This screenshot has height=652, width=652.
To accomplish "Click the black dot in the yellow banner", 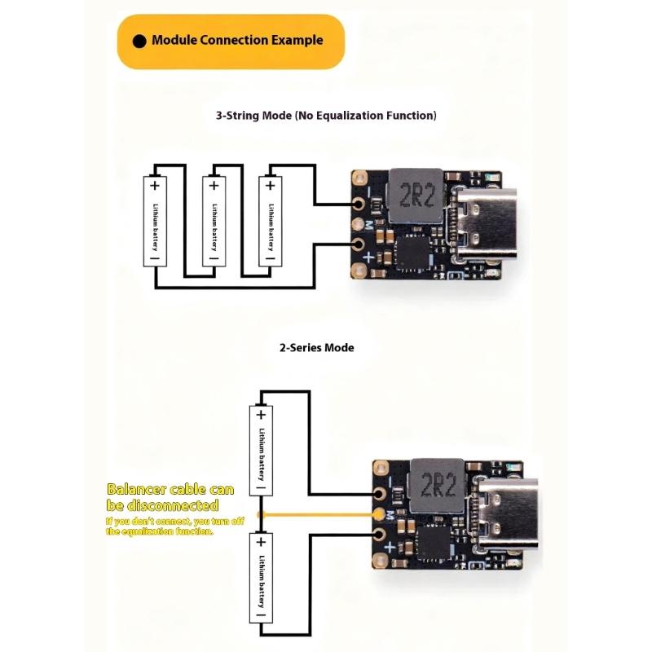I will (x=139, y=41).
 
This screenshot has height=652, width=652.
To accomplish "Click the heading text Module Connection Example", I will (x=237, y=40).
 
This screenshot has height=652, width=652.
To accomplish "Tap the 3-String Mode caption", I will (x=326, y=116).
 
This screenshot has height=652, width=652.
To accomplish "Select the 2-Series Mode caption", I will (x=317, y=347).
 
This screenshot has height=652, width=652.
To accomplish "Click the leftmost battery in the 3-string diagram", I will (x=155, y=221).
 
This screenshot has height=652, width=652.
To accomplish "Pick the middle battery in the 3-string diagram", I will (x=214, y=221).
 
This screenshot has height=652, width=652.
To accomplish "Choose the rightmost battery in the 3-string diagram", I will (x=270, y=221).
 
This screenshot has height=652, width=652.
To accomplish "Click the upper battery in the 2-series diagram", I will (x=261, y=450).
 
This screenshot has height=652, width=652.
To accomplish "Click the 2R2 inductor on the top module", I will (x=416, y=197).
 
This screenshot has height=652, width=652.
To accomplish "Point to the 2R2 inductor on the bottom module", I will (x=438, y=487).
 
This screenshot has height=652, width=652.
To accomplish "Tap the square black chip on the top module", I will (x=412, y=253).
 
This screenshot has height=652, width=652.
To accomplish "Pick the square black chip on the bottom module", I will (x=434, y=544).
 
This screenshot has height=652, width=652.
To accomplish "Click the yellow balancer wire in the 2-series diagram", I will (x=318, y=515).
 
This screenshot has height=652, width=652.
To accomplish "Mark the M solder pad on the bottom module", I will (x=378, y=515).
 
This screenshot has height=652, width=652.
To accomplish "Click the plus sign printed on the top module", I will (x=368, y=258).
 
